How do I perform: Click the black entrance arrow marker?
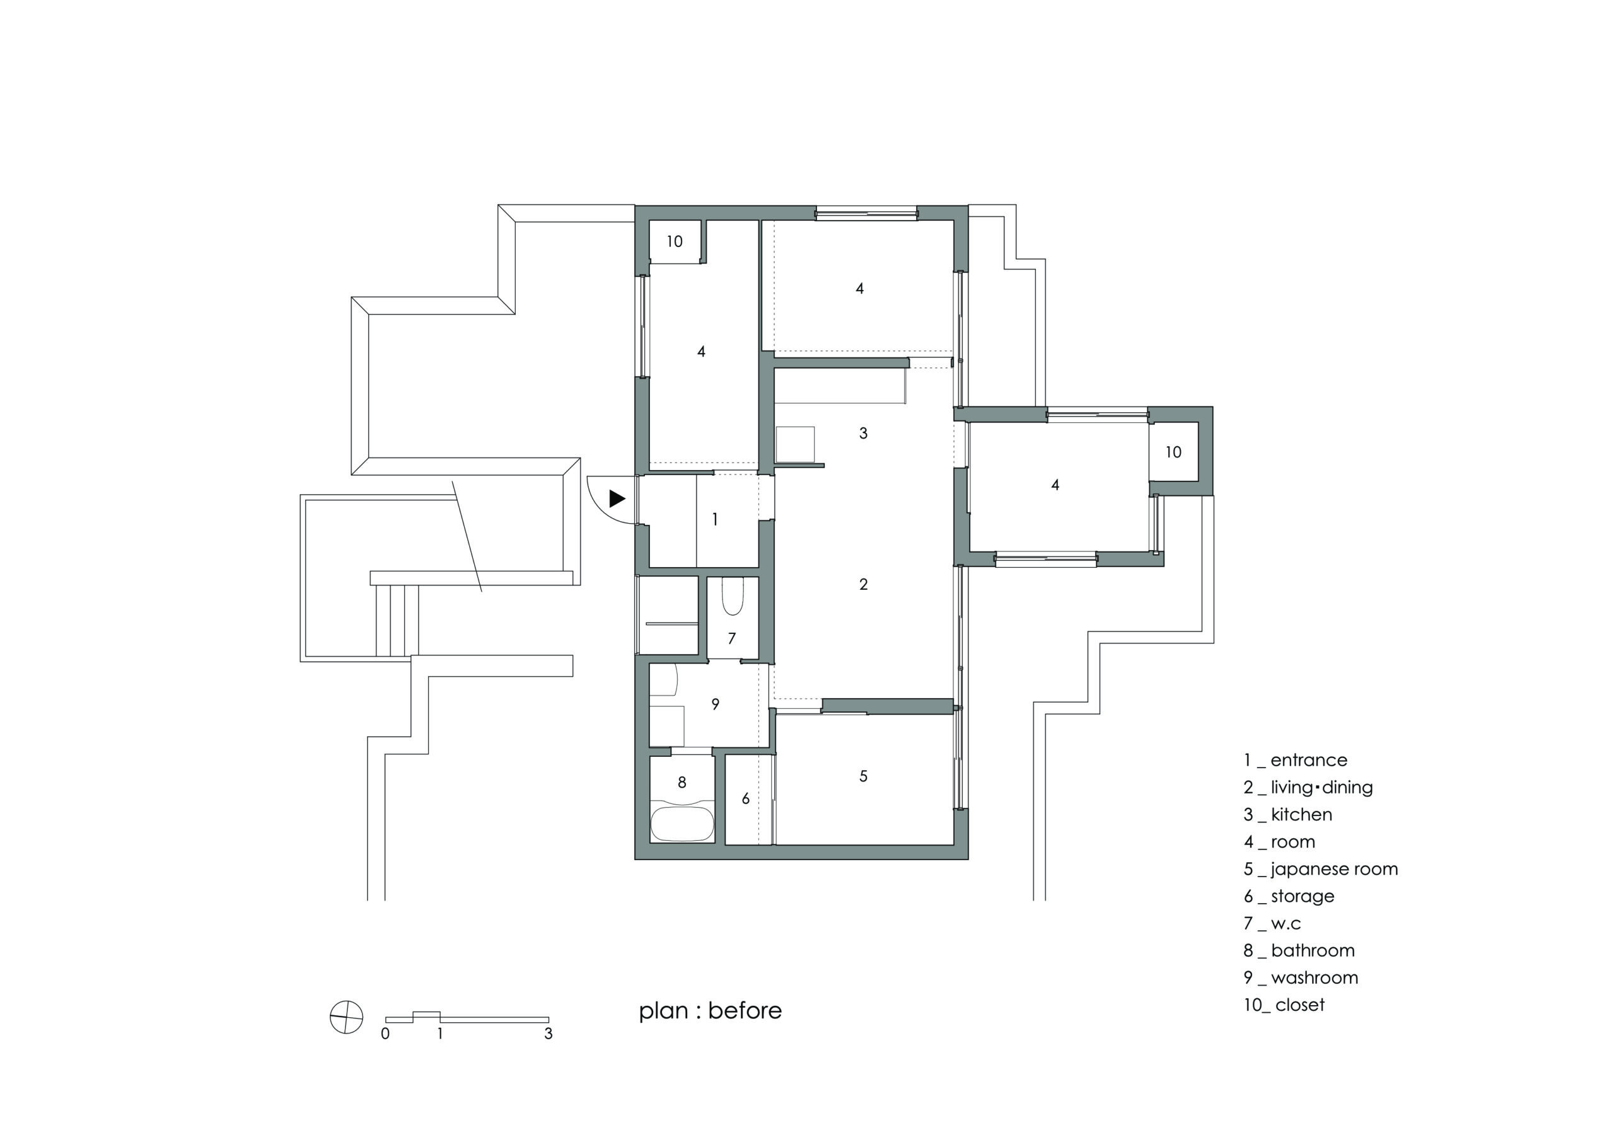coord(617,499)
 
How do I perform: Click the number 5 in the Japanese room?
coord(863,776)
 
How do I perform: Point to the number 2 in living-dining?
coord(863,584)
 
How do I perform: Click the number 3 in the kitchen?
coord(863,433)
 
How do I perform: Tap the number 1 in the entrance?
coord(715,519)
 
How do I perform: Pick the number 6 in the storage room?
coord(746,798)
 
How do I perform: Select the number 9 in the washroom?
coord(715,703)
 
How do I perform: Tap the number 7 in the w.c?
coord(732,638)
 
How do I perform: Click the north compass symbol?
coord(347,1017)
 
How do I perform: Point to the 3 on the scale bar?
coord(549,1034)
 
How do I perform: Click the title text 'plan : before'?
coord(710,1011)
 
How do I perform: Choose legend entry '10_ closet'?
coord(1284,1005)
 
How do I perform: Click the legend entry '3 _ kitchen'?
coord(1287,815)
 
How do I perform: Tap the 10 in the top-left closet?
coord(675,242)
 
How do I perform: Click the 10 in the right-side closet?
coord(1173,452)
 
